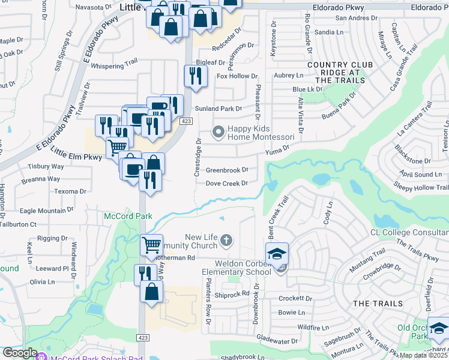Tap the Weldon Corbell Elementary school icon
click(277, 254)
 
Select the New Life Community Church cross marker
click(226, 241)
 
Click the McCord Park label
click(128, 216)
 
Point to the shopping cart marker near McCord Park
click(152, 245)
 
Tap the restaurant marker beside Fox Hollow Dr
click(195, 76)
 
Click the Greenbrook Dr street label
click(227, 170)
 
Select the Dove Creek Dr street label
click(226, 184)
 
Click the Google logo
click(19, 353)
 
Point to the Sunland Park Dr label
click(218, 109)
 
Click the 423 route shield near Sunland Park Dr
click(186, 121)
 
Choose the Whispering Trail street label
click(115, 61)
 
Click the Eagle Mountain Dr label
click(46, 211)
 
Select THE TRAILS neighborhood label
click(378, 304)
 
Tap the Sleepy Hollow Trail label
click(421, 188)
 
